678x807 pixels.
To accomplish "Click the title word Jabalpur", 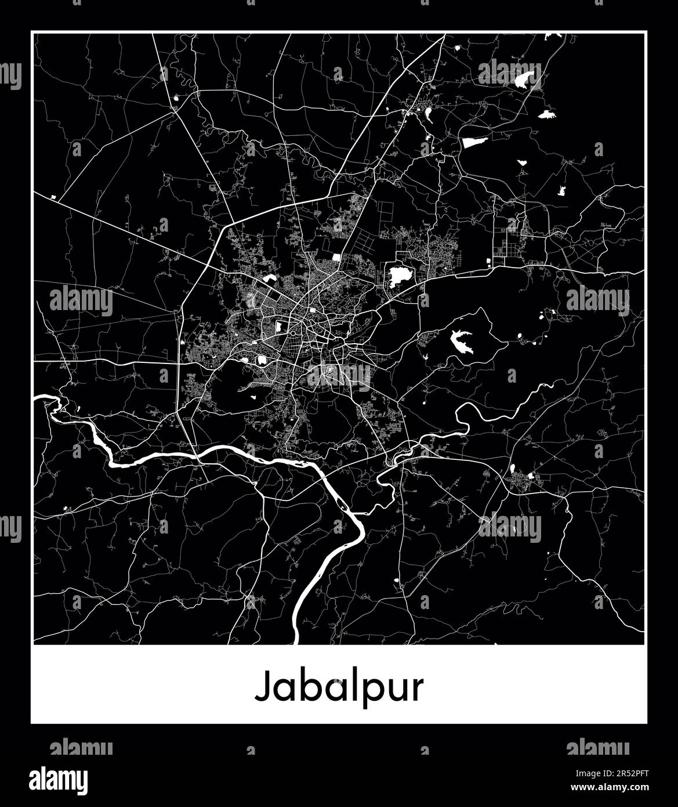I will tap(339, 688).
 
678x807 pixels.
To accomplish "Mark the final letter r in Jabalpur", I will tap(417, 689).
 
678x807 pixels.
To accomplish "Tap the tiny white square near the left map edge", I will tap(53, 197).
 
